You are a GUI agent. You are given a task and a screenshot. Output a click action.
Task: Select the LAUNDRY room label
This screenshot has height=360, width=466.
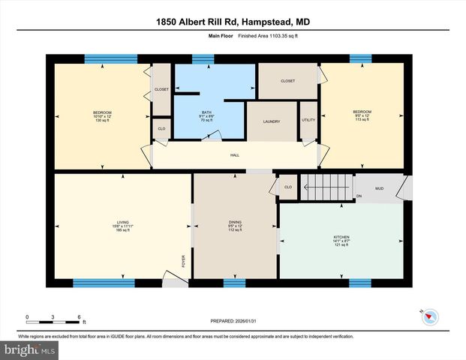[x=272, y=121]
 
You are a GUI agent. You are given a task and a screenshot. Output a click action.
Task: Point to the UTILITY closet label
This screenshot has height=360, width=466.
[x=308, y=120]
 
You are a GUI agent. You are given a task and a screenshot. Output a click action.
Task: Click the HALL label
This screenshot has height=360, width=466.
[x=235, y=156]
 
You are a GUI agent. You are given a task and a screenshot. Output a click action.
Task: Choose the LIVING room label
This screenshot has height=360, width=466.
[x=122, y=222]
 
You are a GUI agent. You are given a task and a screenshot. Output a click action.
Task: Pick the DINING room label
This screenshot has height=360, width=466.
[x=235, y=222]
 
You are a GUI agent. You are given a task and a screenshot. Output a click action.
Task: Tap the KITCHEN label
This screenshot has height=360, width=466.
[x=341, y=238]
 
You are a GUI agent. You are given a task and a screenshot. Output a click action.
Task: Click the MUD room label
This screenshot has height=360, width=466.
[x=380, y=188]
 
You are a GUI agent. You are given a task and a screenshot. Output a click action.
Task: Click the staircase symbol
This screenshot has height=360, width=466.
[x=326, y=186]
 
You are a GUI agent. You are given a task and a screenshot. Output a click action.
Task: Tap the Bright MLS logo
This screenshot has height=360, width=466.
[x=30, y=349]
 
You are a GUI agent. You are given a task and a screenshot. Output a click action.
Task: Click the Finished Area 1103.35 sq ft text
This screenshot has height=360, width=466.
[x=260, y=35]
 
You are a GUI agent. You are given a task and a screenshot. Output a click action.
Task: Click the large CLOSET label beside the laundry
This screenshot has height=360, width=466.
[x=287, y=81]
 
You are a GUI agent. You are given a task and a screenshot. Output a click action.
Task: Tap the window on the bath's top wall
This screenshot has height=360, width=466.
[x=203, y=58]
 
